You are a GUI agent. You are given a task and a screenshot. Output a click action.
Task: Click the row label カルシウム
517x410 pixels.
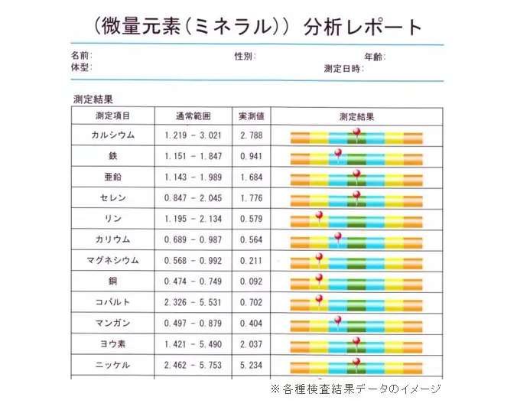[112, 135]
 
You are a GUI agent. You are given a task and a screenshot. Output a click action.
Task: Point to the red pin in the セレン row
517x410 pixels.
[356, 195]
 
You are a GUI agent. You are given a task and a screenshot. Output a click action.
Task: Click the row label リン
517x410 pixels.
[112, 219]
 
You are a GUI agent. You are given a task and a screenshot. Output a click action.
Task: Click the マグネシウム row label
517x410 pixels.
[112, 260]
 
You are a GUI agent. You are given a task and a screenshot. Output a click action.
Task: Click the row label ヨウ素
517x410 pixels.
[112, 343]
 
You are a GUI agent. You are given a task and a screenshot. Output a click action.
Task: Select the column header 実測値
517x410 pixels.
[251, 116]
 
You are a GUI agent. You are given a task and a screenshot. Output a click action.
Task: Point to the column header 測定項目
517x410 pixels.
[112, 116]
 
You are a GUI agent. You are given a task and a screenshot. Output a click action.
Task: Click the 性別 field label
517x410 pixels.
[245, 57]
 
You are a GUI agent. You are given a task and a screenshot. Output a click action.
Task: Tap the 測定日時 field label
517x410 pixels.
[343, 68]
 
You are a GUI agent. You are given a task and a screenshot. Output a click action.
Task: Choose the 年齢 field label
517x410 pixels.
[374, 57]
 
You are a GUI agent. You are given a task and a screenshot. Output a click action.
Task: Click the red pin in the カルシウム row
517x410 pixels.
[356, 132]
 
